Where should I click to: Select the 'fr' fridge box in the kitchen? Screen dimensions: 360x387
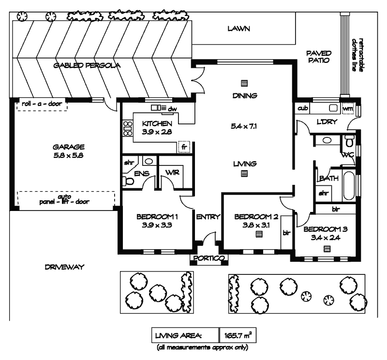coord(184,146)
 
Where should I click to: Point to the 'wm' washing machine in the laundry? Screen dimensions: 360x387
coord(347,109)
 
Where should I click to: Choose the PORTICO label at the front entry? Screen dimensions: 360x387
coord(208,259)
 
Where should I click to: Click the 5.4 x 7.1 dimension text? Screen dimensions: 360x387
coord(244,127)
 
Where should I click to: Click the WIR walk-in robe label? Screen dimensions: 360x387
coord(172,173)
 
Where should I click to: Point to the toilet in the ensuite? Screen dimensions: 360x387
coord(128,181)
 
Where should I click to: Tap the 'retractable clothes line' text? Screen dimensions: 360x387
coord(357,55)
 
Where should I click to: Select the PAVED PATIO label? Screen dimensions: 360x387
coord(317,57)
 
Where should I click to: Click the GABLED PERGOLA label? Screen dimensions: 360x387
coord(87,65)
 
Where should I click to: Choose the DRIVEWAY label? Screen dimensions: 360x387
coord(62,267)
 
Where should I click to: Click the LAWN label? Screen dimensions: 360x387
coord(238,29)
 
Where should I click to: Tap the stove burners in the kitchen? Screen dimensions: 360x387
coord(128,128)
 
